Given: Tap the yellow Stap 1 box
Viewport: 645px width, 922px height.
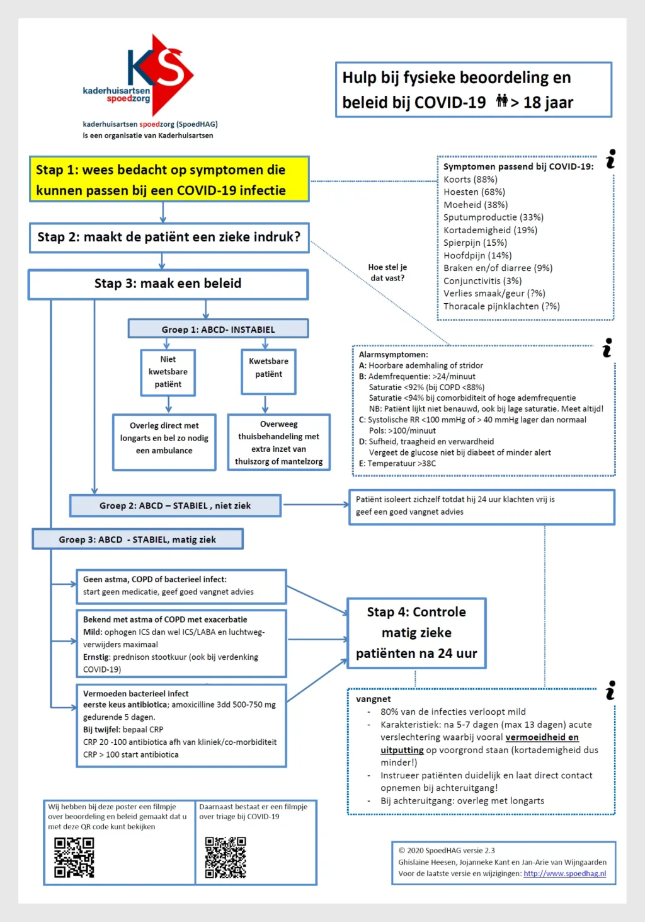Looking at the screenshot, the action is pos(169,179).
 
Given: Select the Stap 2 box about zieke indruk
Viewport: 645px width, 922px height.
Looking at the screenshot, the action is pos(169,238).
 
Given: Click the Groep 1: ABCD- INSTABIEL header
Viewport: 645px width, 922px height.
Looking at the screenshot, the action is pos(218,329).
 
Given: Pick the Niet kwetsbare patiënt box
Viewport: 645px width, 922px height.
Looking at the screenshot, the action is pos(168,372).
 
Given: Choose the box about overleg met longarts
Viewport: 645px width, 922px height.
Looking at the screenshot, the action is pos(164,442).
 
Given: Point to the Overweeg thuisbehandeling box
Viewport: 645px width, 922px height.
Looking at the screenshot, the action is pos(279,442).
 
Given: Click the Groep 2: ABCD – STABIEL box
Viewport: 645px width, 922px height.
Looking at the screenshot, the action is pos(175,505).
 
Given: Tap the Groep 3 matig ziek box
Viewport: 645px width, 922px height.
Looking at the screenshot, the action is pos(137,539).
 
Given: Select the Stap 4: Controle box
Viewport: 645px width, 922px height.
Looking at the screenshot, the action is pos(416,633).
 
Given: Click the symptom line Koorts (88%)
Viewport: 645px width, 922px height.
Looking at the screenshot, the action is pos(470,180).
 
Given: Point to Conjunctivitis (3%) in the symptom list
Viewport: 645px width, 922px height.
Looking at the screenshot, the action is pos(482,280).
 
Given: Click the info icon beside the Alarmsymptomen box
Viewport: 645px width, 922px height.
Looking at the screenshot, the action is pos(607,348).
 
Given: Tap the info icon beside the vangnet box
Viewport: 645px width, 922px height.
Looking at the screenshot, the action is pos(610,690).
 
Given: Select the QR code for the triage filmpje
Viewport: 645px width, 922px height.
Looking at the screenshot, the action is pos(225,857).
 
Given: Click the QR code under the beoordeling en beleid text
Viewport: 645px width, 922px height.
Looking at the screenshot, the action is pos(74,858).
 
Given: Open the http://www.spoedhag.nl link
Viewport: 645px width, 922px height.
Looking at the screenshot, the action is pos(564,873).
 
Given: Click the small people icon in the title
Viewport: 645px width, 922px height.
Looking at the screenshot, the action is pos(501,100).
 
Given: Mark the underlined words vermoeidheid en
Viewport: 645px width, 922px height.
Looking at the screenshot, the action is pos(542,737).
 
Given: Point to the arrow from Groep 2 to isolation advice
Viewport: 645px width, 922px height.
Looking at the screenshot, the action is pos(316,504).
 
